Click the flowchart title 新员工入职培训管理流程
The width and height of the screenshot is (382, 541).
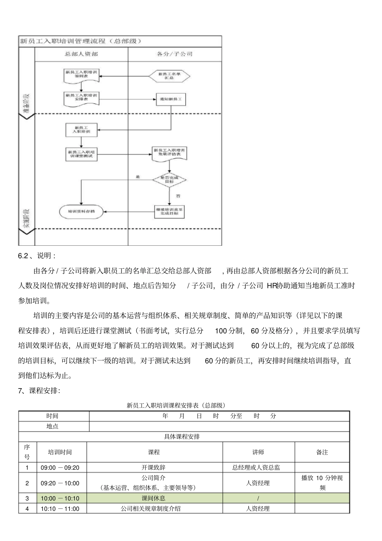tap(80, 41)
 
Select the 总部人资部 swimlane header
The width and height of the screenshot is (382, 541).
tap(81, 53)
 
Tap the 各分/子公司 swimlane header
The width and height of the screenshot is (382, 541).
tap(175, 53)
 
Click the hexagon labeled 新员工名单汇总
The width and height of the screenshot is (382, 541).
tap(169, 76)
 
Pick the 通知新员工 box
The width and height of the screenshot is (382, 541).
tap(171, 99)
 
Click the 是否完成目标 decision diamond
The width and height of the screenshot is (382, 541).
tap(169, 180)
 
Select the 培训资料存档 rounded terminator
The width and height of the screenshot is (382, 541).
tap(81, 211)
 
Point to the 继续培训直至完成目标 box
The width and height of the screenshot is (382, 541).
tap(169, 211)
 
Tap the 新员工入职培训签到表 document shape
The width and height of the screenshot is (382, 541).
tap(81, 74)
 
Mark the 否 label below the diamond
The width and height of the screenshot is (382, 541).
tap(178, 196)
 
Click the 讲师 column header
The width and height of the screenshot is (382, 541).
tap(258, 452)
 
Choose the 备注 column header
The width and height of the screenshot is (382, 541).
tap(322, 452)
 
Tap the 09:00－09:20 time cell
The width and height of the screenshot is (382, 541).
tap(60, 467)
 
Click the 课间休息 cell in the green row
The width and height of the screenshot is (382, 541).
tap(154, 498)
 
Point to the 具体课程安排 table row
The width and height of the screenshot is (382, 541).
tap(182, 436)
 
